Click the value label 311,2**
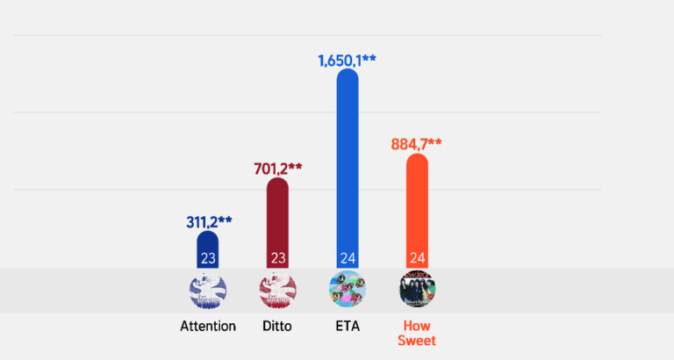[x=208, y=221]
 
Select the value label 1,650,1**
[x=347, y=61]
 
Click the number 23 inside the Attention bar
[x=208, y=258]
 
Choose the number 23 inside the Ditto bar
[x=277, y=258]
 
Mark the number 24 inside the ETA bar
[x=347, y=258]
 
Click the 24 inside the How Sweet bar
[x=417, y=258]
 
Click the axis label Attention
[x=208, y=326]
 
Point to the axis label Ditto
[x=277, y=326]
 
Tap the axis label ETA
[x=347, y=326]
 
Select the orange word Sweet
[x=417, y=341]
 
